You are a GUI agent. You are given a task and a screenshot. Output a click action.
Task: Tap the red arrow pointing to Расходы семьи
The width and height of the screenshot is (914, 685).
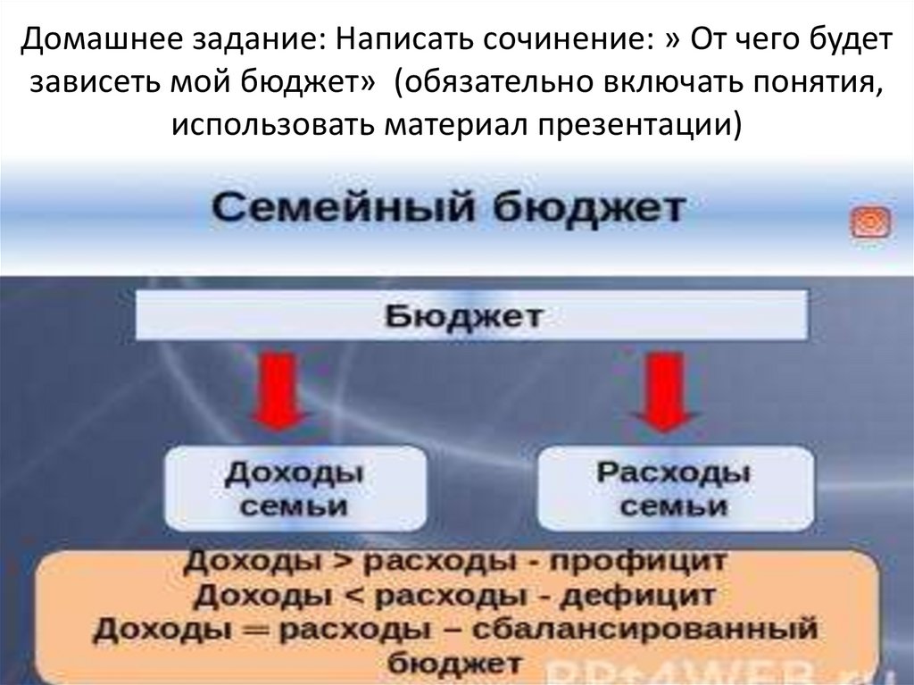click(661, 390)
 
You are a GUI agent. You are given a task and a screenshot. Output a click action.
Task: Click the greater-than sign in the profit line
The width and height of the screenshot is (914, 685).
click(341, 563)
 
